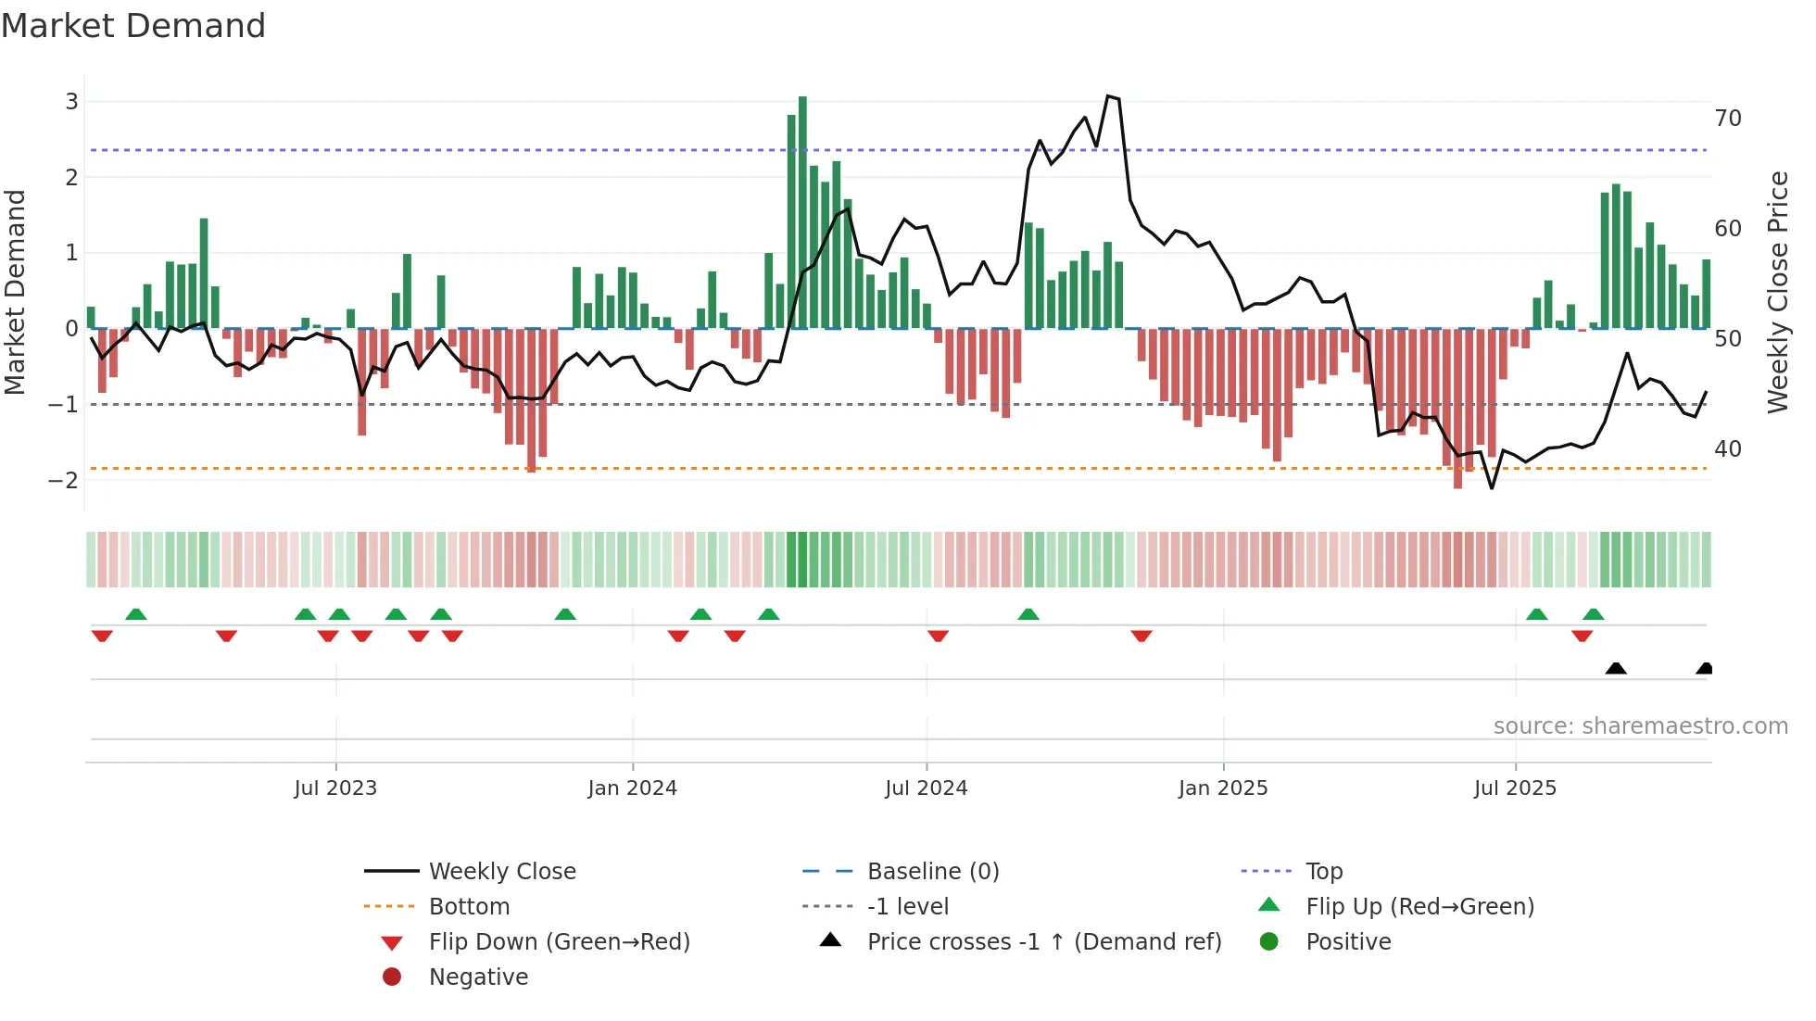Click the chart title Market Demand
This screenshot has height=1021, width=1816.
point(133,26)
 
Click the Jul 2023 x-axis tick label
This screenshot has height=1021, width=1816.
point(335,788)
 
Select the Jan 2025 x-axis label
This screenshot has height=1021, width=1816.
point(1223,788)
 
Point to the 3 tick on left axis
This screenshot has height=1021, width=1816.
point(71,101)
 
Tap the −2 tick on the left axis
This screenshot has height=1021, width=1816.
point(64,480)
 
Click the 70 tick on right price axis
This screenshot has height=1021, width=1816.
point(1727,119)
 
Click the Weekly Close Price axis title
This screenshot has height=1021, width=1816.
point(1777,292)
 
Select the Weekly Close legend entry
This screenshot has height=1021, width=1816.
point(501,872)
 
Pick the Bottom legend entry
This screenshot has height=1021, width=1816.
point(469,907)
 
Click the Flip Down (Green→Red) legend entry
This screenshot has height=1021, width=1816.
point(559,942)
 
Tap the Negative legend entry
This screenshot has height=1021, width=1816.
point(478,977)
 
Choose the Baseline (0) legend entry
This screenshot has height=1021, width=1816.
point(932,872)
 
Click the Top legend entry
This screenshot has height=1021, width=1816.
point(1324,872)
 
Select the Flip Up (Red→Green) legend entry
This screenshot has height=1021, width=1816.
point(1419,907)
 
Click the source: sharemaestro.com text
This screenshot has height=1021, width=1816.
point(1640,726)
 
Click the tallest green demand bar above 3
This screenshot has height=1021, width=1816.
point(802,213)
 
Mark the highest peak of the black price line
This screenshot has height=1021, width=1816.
point(1108,96)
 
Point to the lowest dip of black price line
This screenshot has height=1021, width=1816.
point(1492,488)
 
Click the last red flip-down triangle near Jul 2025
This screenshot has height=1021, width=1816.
point(1582,637)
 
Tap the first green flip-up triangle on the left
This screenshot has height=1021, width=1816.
point(136,614)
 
